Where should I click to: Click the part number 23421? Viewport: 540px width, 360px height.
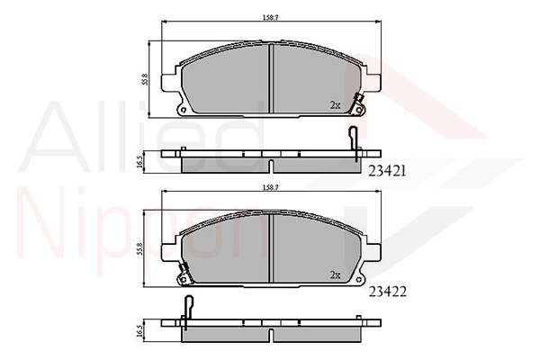tap(387, 171)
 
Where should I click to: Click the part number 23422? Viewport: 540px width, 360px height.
tap(388, 292)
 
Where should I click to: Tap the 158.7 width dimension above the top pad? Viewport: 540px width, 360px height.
tap(271, 18)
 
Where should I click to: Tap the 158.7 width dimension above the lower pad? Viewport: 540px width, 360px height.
tap(271, 187)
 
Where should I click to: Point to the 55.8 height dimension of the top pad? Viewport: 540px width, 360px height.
tap(145, 79)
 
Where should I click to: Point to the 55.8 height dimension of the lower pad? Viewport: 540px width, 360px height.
tap(139, 248)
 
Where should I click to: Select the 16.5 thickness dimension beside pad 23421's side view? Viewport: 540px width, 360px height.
tap(139, 162)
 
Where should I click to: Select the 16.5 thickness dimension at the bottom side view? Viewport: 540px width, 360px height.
tap(139, 330)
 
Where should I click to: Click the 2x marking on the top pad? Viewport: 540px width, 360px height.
tap(335, 105)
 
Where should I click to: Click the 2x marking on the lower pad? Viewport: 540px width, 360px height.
tap(335, 274)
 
